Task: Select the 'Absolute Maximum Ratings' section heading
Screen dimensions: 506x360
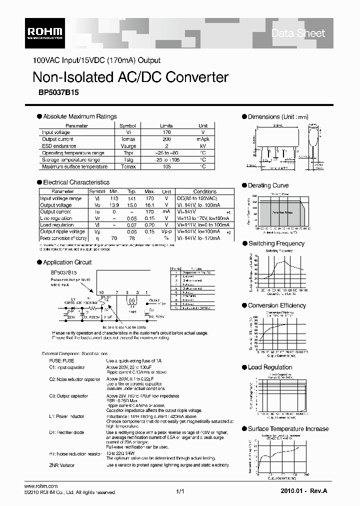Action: [x=79, y=116]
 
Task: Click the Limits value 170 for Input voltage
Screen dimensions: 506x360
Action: [x=166, y=132]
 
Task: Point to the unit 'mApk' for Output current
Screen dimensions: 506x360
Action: [x=203, y=139]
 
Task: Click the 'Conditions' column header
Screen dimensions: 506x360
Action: [x=204, y=191]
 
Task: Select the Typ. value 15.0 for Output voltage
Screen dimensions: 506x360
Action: [x=131, y=205]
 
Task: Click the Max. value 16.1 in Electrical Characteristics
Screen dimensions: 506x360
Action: [x=149, y=205]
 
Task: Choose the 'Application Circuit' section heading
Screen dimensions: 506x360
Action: [x=67, y=262]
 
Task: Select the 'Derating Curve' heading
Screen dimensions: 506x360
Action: [x=268, y=185]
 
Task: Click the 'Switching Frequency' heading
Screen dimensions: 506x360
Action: [x=276, y=243]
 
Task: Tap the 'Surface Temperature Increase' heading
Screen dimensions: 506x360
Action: [x=288, y=428]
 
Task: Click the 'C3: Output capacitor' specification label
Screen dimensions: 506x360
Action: [x=65, y=396]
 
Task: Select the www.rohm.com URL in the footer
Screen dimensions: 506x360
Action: [x=41, y=486]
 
